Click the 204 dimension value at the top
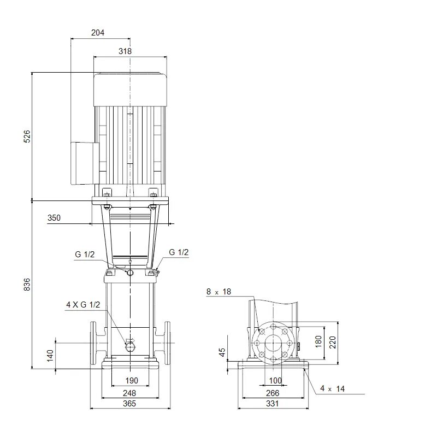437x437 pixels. click(x=98, y=33)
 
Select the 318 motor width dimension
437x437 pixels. click(x=125, y=51)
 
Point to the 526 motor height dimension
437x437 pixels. click(x=27, y=136)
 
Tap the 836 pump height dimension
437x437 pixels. click(x=27, y=284)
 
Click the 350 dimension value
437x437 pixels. click(x=54, y=217)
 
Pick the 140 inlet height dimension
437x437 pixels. click(x=50, y=356)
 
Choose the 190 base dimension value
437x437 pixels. click(x=132, y=380)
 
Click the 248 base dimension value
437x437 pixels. click(x=129, y=393)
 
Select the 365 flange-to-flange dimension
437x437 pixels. click(x=129, y=403)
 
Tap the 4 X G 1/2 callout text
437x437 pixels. click(x=83, y=305)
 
